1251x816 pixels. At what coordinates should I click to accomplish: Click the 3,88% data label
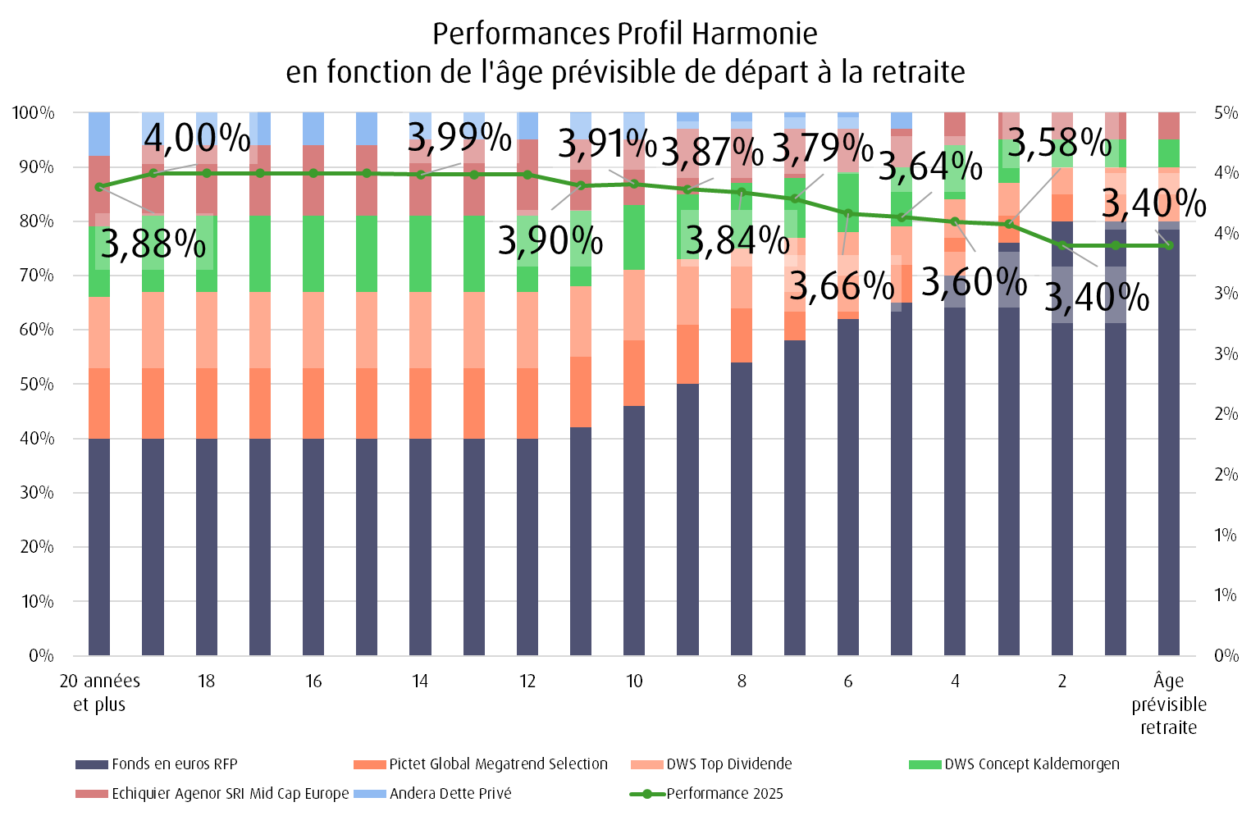tap(153, 244)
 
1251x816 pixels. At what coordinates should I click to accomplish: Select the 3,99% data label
tap(459, 137)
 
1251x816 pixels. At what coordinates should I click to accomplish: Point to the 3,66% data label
tap(841, 285)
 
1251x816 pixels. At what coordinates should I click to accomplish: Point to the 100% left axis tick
tap(34, 112)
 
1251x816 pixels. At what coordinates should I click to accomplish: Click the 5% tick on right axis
tap(1226, 112)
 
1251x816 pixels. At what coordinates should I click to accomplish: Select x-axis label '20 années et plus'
tap(99, 692)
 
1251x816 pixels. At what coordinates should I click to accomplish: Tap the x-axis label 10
tap(634, 682)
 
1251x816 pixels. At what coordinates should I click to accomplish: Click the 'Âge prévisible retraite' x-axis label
tap(1168, 704)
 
